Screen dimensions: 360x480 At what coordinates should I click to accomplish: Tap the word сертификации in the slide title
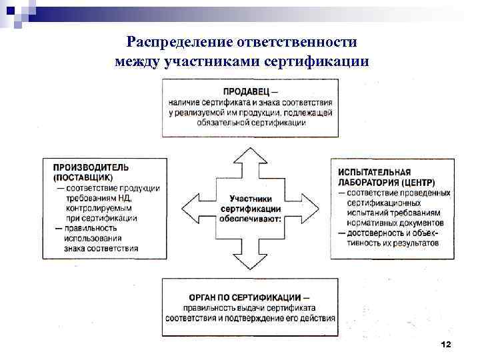point(326,62)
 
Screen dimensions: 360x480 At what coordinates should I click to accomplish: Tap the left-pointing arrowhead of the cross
point(191,208)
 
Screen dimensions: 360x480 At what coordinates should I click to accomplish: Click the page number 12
point(446,343)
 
